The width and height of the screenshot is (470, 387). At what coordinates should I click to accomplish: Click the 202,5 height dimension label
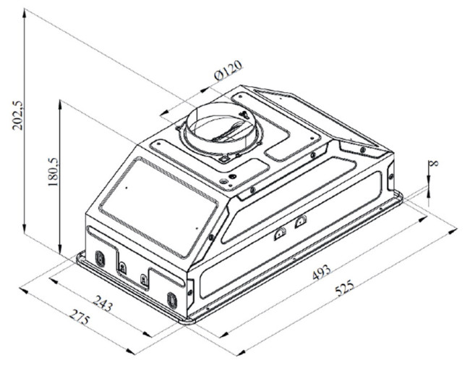[x=17, y=115]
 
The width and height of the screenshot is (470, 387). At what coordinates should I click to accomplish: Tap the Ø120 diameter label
[x=228, y=70]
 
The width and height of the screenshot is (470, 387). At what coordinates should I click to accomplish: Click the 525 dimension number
[x=344, y=288]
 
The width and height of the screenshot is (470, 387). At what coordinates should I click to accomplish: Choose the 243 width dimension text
[x=103, y=304]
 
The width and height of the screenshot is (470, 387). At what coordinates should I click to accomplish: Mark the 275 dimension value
[x=80, y=317]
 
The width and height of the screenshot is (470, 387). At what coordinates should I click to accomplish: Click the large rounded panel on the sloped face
[x=158, y=207]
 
